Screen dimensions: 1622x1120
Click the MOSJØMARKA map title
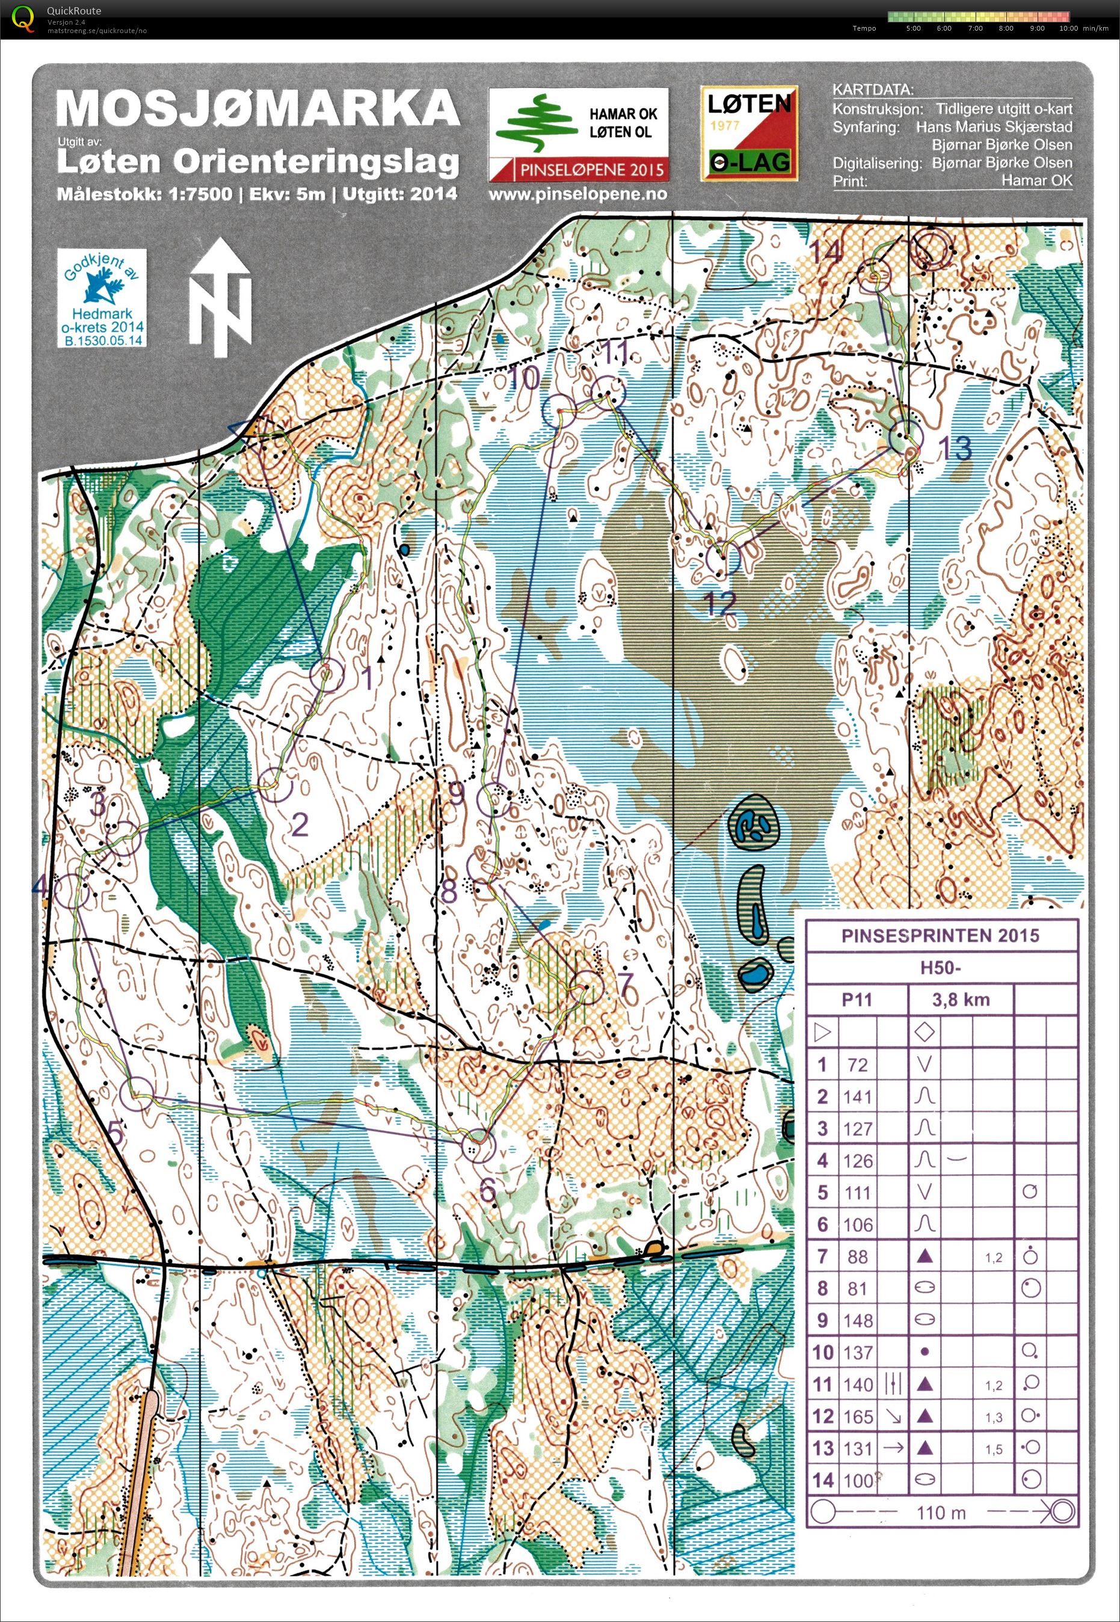pos(257,109)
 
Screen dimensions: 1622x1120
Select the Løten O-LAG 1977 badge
pos(748,134)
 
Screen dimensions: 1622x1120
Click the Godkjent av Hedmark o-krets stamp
pos(102,298)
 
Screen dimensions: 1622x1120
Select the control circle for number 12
pos(724,559)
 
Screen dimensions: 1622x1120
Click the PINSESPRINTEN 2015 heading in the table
pos(940,935)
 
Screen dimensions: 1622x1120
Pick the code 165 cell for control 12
pos(858,1417)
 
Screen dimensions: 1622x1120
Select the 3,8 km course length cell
pos(960,1000)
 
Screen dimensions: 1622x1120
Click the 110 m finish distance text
pos(940,1513)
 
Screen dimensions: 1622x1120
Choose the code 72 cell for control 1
pos(858,1065)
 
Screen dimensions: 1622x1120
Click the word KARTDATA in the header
pos(872,90)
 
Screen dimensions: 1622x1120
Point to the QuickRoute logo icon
pos(24,18)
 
